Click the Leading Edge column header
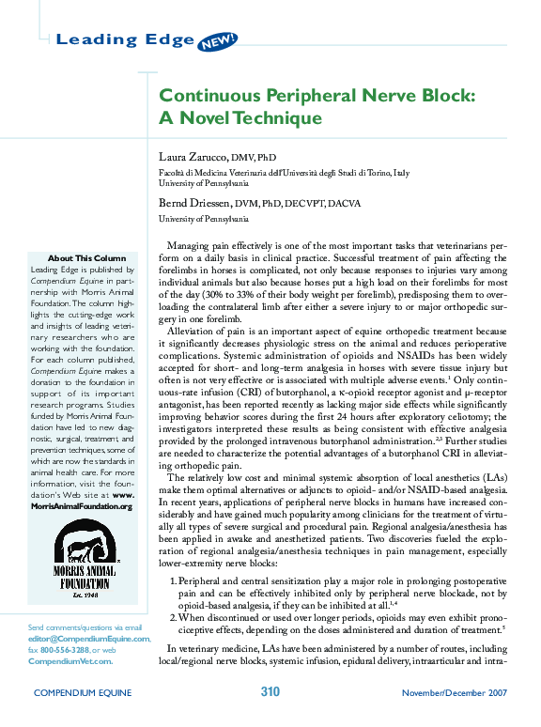125,39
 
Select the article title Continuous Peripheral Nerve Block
317,96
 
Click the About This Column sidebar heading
86,258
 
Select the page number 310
270,692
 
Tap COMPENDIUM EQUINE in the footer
83,693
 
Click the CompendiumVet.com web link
70,660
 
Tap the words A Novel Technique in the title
240,118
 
